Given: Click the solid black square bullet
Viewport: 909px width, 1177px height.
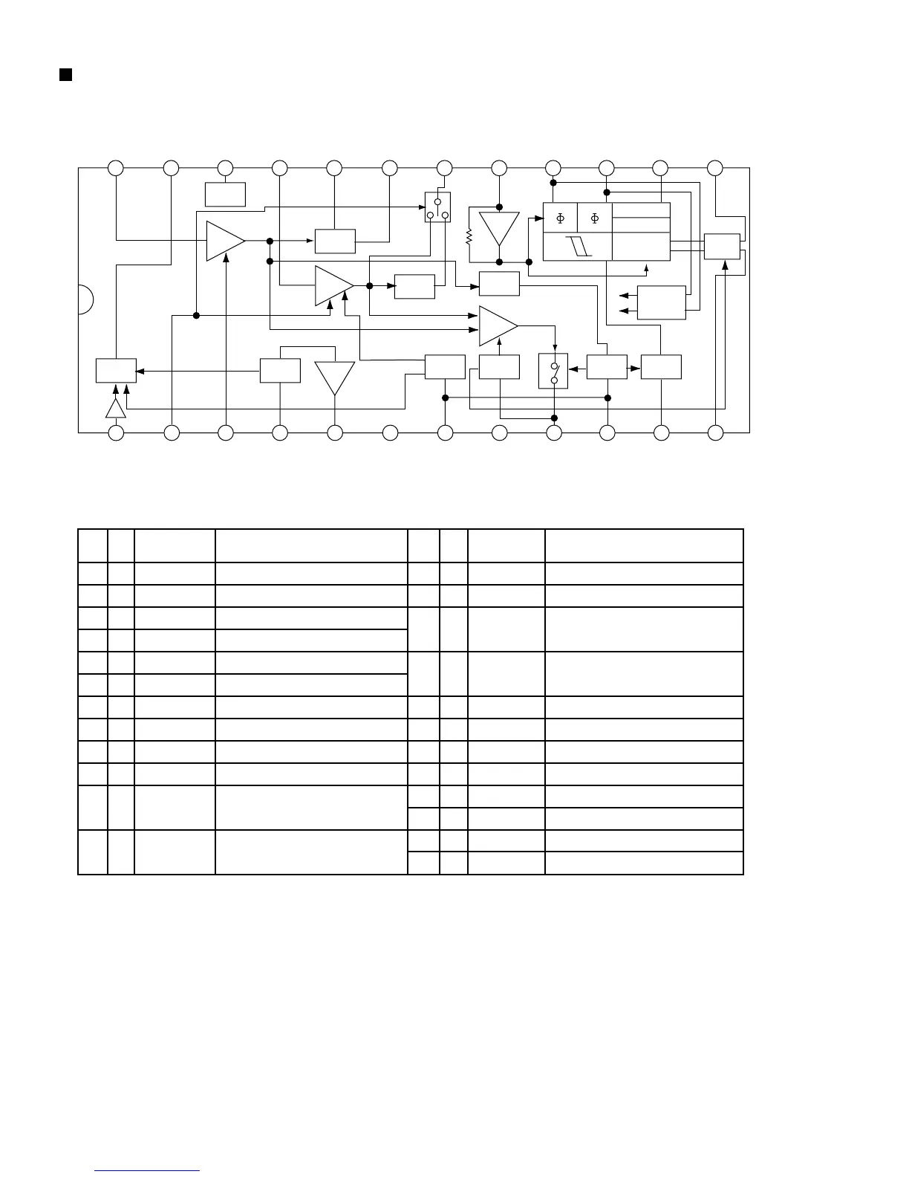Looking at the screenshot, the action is tap(65, 74).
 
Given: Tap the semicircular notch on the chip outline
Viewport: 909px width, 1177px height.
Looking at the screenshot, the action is tap(85, 299).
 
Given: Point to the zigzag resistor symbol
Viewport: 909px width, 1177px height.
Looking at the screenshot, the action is tap(469, 237).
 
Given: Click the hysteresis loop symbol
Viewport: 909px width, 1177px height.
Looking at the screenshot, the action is tap(578, 247).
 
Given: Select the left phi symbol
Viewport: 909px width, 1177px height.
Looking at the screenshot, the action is tap(560, 218).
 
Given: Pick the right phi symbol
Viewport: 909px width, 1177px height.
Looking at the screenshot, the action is tap(594, 218).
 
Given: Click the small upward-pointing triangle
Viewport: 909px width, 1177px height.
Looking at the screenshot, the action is tap(115, 409).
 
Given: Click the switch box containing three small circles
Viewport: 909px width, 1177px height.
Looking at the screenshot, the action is tap(437, 207).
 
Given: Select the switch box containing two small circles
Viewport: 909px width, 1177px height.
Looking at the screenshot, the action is tap(553, 371).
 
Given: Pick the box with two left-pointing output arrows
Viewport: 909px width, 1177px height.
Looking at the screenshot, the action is tap(661, 302).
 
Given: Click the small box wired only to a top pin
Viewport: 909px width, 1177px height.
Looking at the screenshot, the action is tap(225, 194).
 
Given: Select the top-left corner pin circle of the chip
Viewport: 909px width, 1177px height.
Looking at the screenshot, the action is tap(116, 168).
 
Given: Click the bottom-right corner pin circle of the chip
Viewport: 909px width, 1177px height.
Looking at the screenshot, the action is tap(715, 432).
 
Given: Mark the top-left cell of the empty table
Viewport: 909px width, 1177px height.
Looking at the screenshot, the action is tap(93, 546).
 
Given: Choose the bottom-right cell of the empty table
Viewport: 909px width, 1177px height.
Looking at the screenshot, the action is tap(644, 863).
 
